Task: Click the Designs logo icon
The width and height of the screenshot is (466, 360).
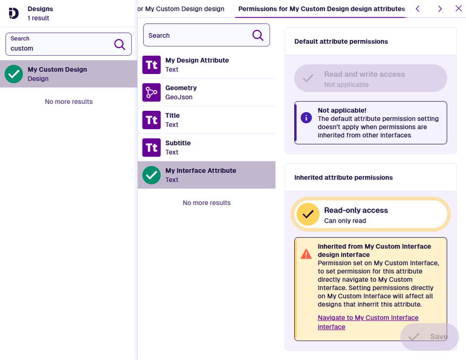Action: point(13,14)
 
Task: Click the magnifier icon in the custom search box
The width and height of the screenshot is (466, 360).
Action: point(120,44)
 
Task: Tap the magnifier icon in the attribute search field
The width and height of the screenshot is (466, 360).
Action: point(258,35)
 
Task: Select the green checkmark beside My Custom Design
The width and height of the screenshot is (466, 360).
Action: point(13,74)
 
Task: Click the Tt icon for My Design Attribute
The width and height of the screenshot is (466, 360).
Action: point(151,65)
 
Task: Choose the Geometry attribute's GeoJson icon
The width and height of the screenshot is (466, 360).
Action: point(151,92)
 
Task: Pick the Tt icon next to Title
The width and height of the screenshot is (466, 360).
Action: point(151,120)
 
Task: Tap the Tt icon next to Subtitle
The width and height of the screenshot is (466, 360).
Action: point(151,148)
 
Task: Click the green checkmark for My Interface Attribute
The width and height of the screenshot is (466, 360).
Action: point(151,175)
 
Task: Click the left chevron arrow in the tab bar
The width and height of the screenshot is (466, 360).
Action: point(417,9)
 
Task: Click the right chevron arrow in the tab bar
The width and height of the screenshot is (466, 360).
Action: point(440,9)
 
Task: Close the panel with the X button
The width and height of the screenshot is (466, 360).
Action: point(458,8)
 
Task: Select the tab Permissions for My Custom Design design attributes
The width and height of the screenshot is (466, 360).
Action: point(322,9)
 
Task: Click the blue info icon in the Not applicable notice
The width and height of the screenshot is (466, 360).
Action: point(306,117)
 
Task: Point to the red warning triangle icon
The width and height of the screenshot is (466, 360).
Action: point(306,254)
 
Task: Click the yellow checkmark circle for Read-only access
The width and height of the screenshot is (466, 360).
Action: point(308,214)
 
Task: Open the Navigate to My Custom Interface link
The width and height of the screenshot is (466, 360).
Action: point(368,322)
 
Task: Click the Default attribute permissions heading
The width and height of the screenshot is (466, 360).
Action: point(341,42)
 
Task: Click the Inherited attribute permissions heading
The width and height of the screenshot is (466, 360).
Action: point(343,177)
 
